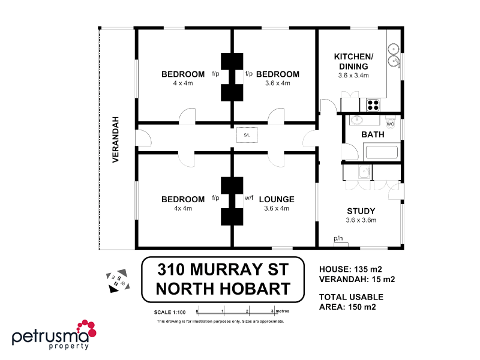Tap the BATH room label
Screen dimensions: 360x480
373,134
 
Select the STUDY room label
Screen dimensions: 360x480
361,211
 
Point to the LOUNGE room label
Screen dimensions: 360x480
277,199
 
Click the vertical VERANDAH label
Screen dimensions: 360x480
116,139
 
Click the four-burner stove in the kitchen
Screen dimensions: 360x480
373,105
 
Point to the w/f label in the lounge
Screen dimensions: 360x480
249,197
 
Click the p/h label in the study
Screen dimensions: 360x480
338,238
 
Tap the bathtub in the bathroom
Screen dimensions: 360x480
382,152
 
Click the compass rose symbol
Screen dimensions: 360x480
117,280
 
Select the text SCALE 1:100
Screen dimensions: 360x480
171,312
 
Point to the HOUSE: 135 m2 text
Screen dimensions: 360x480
350,269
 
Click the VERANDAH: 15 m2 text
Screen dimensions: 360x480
356,279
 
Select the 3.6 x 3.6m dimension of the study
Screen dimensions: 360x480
361,220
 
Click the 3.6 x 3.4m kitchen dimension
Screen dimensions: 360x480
353,76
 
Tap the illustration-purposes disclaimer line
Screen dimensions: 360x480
220,322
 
